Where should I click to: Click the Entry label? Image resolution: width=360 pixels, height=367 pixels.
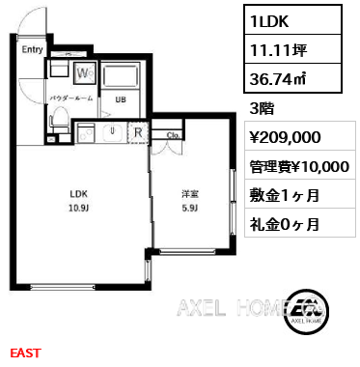point(32,49)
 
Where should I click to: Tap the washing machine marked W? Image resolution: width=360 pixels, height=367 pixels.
point(85,73)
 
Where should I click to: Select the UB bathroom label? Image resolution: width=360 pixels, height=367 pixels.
point(121,99)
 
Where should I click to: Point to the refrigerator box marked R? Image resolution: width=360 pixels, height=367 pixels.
point(138,132)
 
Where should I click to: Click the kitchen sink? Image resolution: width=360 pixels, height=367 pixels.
point(112,132)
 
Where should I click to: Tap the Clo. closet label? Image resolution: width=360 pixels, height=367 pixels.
point(174,135)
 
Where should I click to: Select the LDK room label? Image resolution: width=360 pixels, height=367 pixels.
point(79,194)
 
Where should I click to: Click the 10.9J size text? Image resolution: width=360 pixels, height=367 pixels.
point(78,208)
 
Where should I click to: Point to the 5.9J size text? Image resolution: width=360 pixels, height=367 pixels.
point(190,208)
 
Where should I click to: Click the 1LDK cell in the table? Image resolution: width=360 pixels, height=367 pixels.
point(292,20)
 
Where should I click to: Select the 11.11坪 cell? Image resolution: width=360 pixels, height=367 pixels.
point(292,49)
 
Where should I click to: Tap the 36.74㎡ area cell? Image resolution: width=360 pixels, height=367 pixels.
point(292,78)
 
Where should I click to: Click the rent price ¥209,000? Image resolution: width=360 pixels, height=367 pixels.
point(285,137)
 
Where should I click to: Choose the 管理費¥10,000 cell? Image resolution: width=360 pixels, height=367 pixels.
point(300,165)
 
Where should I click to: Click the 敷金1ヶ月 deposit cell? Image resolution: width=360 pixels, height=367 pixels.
point(300,194)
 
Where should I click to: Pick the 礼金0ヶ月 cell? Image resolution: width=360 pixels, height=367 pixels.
point(300,223)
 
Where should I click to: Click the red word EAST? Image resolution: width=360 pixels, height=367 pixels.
point(26,353)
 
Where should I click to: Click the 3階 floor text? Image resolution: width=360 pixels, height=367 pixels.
point(262,108)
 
